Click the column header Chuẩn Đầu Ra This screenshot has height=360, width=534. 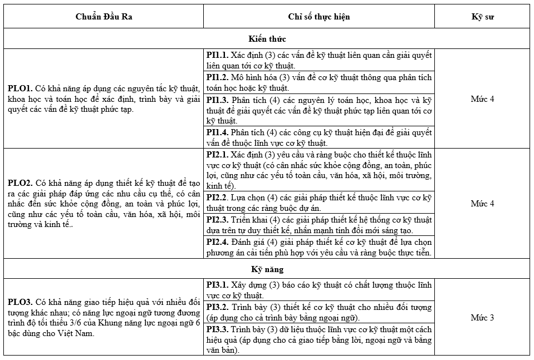104,17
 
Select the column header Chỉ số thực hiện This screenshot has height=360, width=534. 319,17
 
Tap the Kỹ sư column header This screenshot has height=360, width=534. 482,17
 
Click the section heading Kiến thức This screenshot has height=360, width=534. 267,39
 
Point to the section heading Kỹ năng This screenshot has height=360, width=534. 267,269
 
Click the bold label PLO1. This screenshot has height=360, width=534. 20,88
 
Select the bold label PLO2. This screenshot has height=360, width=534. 20,183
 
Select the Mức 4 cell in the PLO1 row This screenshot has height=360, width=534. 482,99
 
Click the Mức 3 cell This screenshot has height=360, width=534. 482,318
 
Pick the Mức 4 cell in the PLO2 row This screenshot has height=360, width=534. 482,204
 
